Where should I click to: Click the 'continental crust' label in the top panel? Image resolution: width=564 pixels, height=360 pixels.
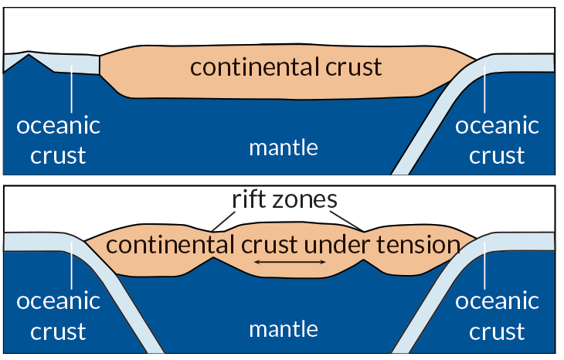tap(286, 67)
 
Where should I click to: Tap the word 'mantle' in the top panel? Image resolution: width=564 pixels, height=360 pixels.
tap(283, 147)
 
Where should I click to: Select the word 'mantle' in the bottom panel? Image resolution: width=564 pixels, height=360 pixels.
tap(283, 329)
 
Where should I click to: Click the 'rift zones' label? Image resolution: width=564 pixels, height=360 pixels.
tap(285, 200)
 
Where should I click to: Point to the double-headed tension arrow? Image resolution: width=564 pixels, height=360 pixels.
tap(290, 263)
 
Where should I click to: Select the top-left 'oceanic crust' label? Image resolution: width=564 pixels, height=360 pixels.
tap(58, 140)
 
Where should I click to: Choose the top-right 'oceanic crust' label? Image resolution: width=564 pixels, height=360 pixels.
tap(497, 140)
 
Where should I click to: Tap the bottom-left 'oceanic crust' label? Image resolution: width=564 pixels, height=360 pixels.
tap(58, 315)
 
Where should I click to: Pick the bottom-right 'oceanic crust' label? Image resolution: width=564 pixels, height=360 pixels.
tap(497, 315)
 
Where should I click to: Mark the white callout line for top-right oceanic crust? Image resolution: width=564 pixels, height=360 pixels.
tap(484, 89)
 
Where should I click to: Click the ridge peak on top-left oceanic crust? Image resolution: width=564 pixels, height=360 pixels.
tap(29, 54)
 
